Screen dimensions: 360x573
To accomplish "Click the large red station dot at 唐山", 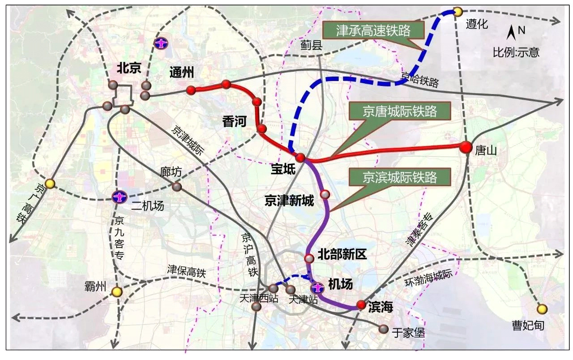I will click(466, 146).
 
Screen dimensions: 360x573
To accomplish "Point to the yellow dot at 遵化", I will click(458, 11).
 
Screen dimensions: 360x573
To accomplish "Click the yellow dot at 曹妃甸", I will click(542, 309).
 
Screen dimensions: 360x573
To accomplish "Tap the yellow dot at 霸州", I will click(117, 292).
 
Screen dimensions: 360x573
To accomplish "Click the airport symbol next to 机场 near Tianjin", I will click(317, 287).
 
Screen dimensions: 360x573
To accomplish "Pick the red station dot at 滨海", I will click(361, 305).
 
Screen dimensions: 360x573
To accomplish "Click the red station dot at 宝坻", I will click(300, 157).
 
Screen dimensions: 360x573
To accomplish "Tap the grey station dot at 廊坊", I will click(177, 186).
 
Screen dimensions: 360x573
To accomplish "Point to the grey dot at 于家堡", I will click(383, 329).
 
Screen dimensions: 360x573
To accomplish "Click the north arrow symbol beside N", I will click(511, 32).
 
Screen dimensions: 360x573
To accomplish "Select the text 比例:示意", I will click(516, 52).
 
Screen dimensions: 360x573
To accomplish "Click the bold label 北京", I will click(129, 68).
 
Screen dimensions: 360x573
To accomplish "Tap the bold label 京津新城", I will click(289, 201).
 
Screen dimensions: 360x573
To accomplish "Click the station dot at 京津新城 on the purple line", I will click(325, 194).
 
